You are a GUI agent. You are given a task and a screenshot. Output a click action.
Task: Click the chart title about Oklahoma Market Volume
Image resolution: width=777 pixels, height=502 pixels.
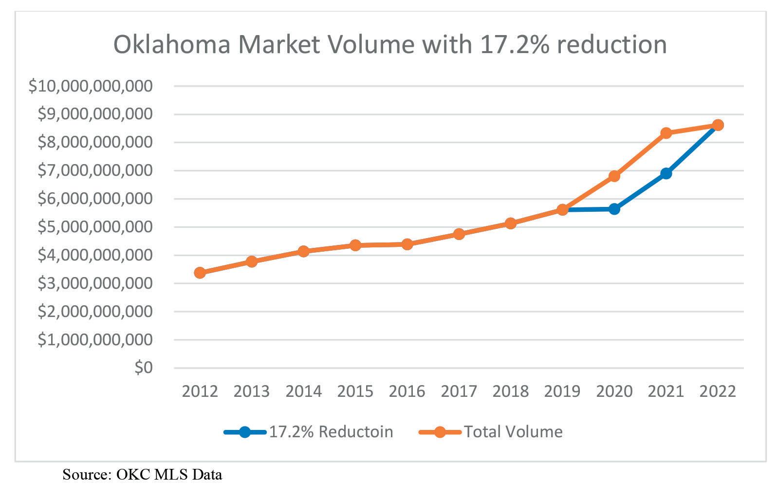tap(390, 45)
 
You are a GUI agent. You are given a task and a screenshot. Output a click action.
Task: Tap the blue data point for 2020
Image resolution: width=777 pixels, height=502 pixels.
tap(614, 209)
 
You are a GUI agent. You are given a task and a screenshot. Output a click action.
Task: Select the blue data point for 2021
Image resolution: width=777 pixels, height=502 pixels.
tap(666, 173)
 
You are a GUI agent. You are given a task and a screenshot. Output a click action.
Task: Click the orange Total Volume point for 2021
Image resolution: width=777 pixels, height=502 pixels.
tap(666, 133)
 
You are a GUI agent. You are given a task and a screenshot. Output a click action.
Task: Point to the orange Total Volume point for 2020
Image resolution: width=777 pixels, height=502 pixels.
tap(614, 176)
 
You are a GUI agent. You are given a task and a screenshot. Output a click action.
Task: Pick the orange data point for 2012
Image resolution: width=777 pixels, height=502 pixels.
tap(200, 273)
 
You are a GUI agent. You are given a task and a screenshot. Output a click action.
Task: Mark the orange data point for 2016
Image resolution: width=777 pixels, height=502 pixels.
tap(407, 244)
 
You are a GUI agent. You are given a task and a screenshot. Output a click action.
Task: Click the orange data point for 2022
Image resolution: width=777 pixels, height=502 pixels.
tap(718, 125)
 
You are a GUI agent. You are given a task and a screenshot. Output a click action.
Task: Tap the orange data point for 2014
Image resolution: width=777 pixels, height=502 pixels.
tap(303, 251)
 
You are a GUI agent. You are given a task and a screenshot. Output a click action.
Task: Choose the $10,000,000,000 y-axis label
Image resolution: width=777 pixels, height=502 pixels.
tap(91, 86)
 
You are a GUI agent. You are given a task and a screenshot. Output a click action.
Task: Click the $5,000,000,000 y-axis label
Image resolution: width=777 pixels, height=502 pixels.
tap(95, 227)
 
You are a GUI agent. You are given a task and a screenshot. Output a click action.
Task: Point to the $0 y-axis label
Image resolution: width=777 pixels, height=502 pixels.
tap(144, 368)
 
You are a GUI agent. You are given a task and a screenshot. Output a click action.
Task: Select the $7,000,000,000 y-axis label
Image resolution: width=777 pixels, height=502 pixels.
tap(95, 170)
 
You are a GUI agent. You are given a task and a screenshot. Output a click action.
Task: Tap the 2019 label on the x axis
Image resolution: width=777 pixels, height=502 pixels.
tap(562, 391)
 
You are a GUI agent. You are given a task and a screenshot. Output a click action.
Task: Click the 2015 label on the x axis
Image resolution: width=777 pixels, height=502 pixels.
tap(355, 391)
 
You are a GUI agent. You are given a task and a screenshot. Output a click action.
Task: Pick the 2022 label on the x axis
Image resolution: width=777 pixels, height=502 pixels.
tap(717, 391)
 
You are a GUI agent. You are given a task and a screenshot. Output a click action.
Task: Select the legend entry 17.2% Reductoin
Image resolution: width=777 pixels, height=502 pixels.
tap(308, 432)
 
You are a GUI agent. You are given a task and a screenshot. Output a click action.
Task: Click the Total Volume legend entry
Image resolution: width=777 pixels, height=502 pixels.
tap(490, 432)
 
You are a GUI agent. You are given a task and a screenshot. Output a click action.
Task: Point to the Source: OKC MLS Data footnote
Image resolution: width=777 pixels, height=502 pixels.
tap(142, 475)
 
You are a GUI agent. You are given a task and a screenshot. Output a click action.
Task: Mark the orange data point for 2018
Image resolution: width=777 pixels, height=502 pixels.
tap(510, 223)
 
